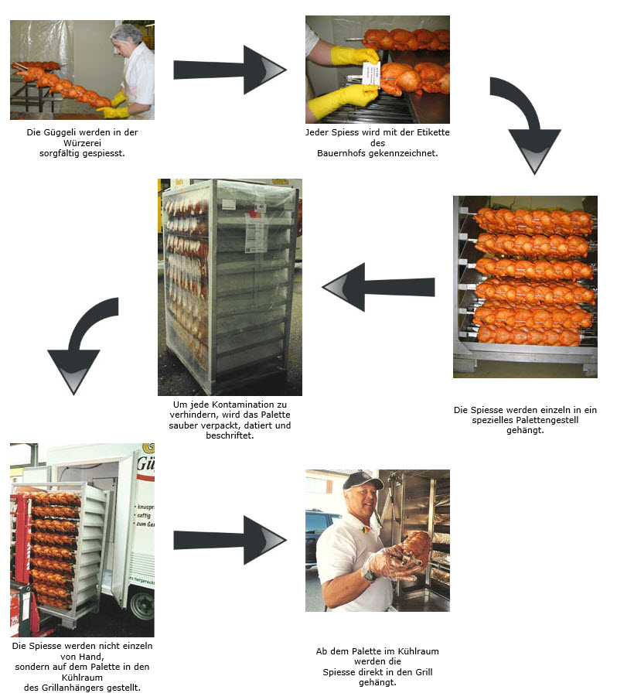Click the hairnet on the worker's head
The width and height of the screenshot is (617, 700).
(126, 32)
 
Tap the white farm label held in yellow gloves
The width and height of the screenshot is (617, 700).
(371, 73)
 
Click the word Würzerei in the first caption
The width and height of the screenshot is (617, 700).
(82, 143)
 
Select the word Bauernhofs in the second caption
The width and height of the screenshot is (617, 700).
(341, 153)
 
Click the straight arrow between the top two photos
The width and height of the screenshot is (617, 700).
(230, 70)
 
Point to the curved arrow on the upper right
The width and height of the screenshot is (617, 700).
(531, 121)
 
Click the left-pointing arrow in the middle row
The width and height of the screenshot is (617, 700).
(378, 287)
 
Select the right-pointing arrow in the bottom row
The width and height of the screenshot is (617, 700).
(230, 540)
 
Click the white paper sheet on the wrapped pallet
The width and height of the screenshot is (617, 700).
(256, 231)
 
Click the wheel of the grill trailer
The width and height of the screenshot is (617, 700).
(142, 605)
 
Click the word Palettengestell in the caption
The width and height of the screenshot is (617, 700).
(547, 420)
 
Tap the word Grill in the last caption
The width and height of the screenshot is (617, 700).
(424, 672)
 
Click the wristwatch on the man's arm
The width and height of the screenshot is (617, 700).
(370, 575)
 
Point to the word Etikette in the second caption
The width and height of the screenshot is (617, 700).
(433, 132)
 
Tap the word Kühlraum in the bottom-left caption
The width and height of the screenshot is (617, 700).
(82, 678)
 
